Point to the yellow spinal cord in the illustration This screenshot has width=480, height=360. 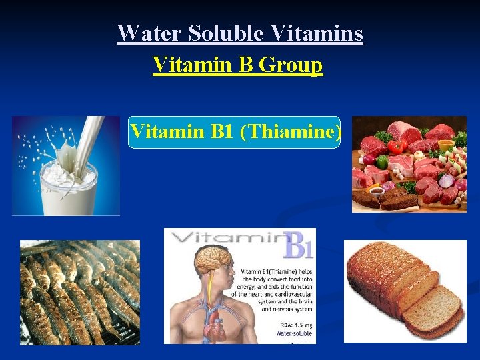[x=209, y=287]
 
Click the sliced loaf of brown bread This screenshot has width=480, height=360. [x=405, y=290]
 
